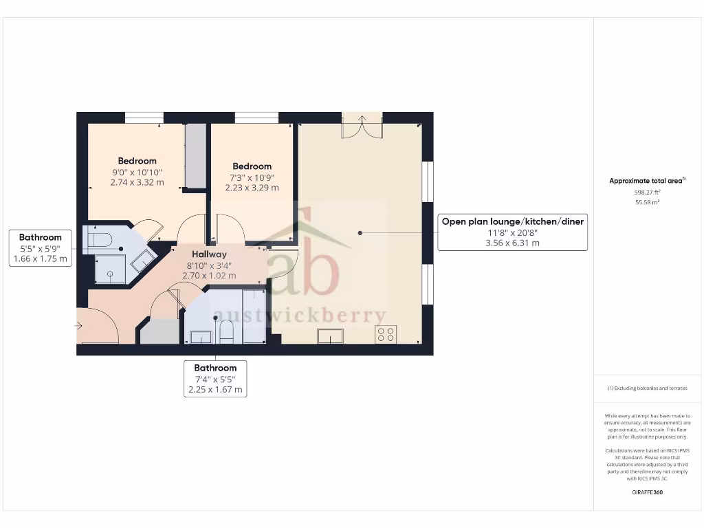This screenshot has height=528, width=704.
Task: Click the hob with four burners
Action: click(x=386, y=335)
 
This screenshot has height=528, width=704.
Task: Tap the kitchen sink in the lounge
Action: click(x=330, y=336)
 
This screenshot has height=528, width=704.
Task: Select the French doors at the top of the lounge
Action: click(x=362, y=126)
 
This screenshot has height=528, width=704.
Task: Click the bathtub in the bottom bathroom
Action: click(x=254, y=316)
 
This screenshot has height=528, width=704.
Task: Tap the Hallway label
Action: click(x=209, y=254)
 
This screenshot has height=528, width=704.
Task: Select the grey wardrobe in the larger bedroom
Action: click(x=195, y=156)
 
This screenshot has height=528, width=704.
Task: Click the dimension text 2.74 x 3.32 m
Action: click(x=137, y=183)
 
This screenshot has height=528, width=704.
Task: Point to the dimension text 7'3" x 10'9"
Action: click(x=252, y=177)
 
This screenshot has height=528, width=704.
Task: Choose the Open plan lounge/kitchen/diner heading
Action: click(x=512, y=221)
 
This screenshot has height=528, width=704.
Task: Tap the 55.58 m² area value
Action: click(x=646, y=203)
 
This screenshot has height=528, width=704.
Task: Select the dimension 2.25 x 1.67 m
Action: click(x=215, y=389)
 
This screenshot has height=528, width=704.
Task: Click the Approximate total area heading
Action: click(x=646, y=181)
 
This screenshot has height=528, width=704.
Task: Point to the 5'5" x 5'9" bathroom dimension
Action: click(x=41, y=248)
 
